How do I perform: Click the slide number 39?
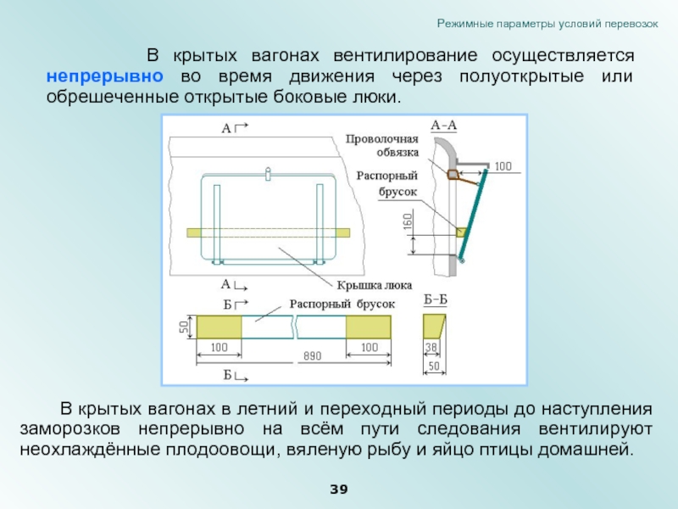point(339,490)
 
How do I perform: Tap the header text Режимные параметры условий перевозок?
point(547,23)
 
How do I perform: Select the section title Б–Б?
point(435,299)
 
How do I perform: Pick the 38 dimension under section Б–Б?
point(431,347)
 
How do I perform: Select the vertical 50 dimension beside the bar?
point(183,327)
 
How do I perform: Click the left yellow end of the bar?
point(220,327)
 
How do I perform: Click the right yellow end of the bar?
point(369,327)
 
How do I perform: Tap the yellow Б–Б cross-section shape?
point(433,326)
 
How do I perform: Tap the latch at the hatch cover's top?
point(268,175)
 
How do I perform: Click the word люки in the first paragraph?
point(375,97)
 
